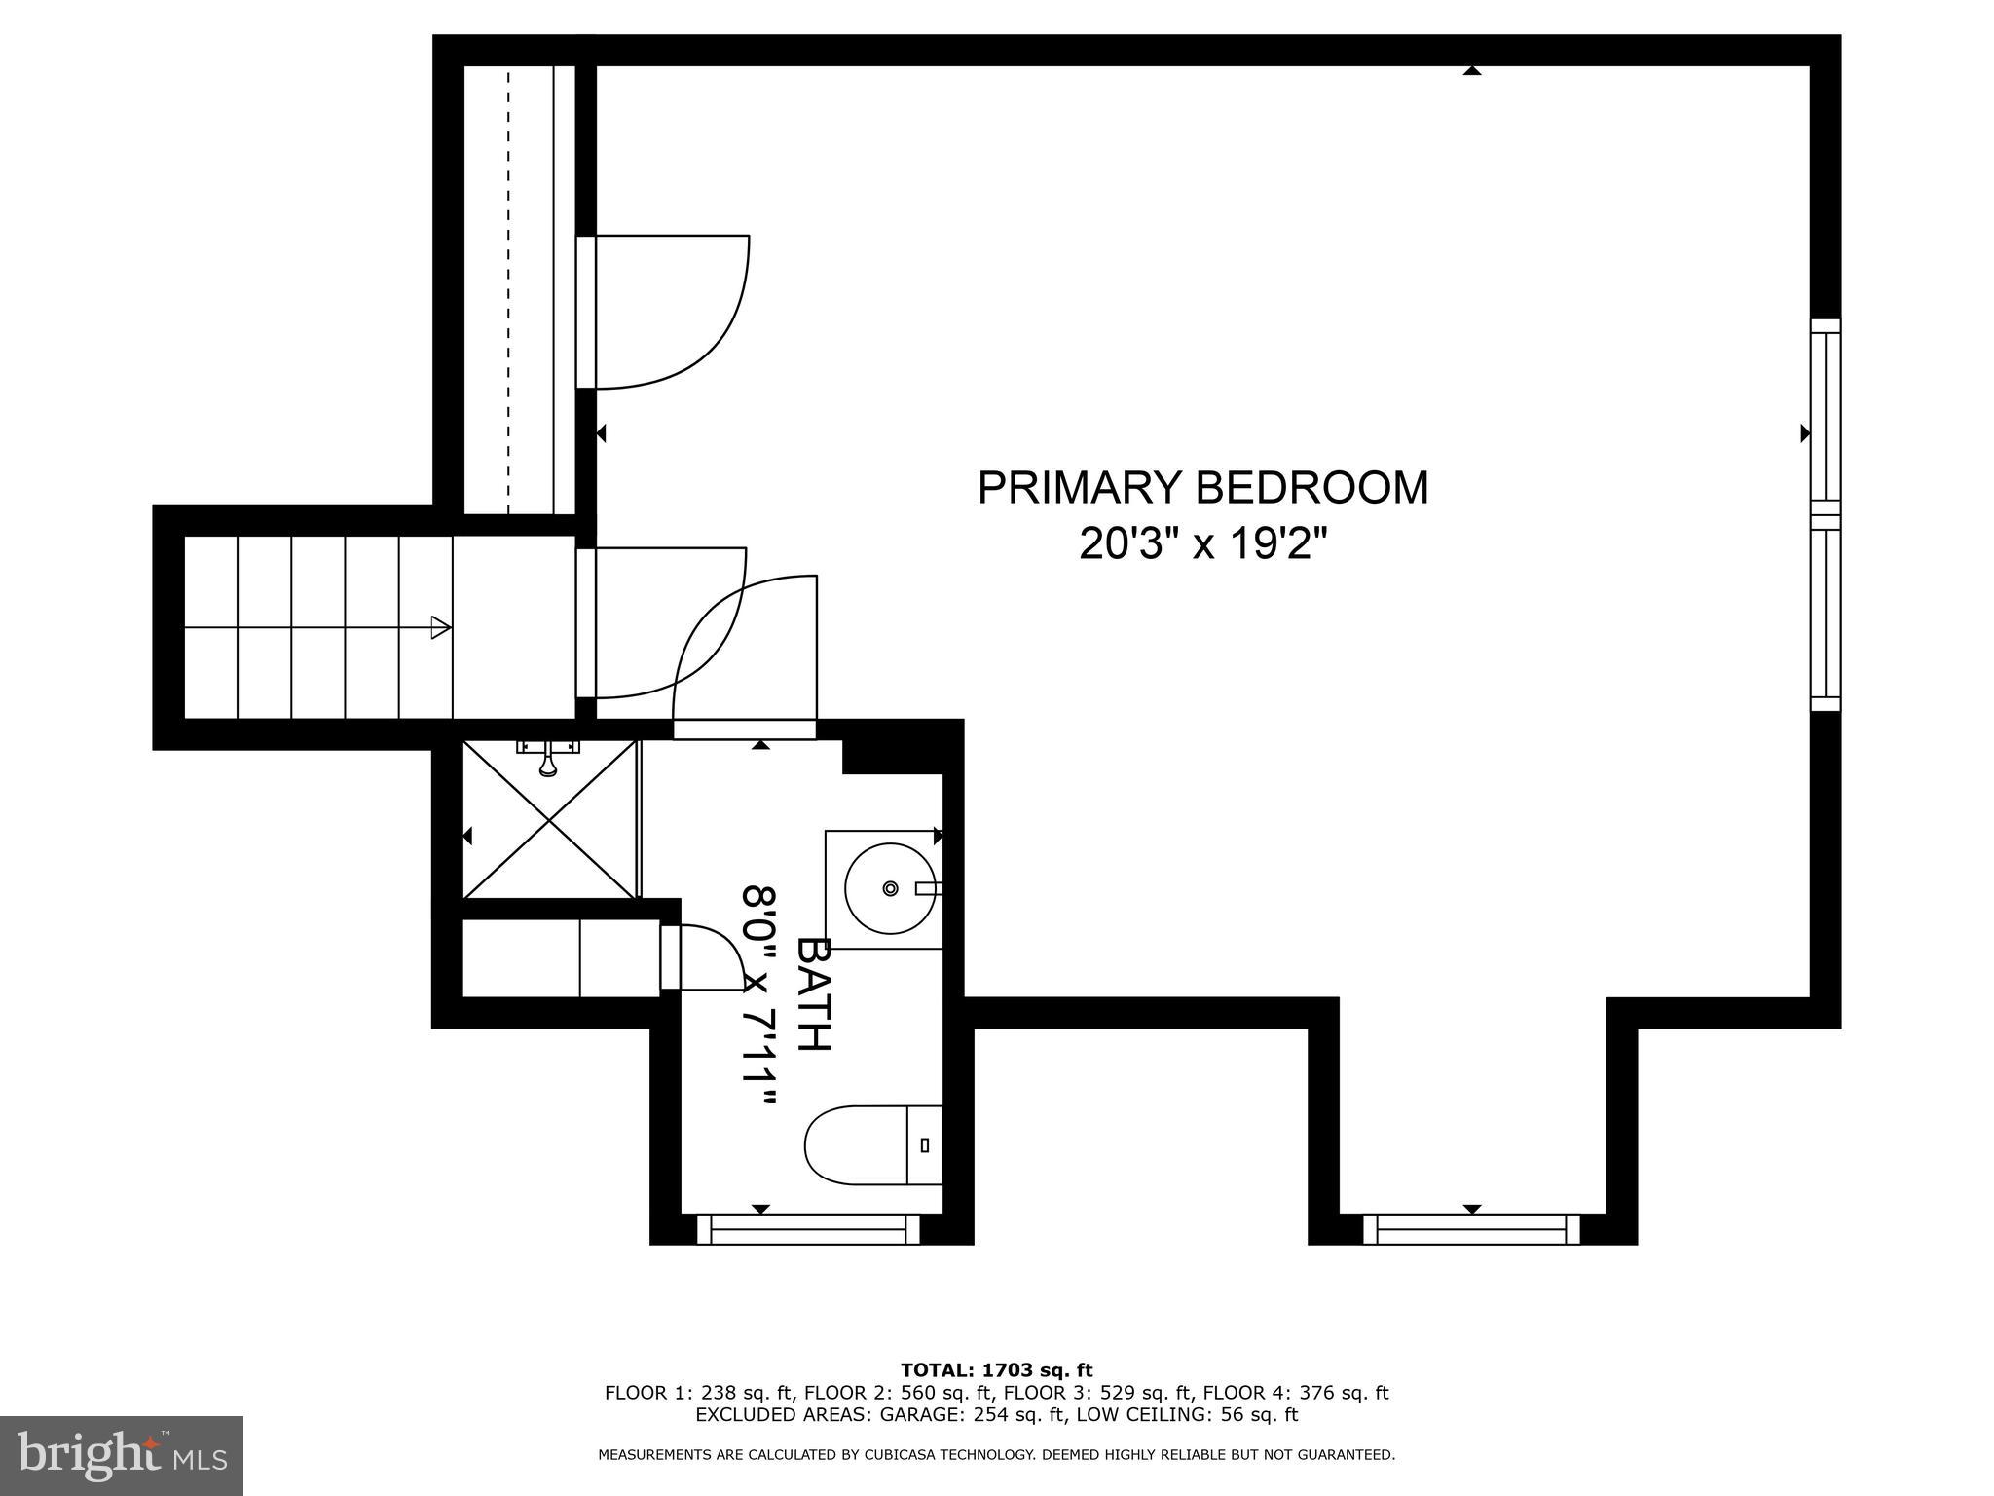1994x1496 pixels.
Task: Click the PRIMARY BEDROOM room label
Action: click(x=1202, y=488)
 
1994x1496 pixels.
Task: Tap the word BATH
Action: click(x=814, y=993)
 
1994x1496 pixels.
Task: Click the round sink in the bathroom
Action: click(x=890, y=889)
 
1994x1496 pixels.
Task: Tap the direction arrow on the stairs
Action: click(x=440, y=627)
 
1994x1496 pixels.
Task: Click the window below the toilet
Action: click(x=808, y=1229)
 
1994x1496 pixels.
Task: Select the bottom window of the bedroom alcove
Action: click(x=1471, y=1229)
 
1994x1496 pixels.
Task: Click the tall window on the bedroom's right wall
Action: click(x=1826, y=515)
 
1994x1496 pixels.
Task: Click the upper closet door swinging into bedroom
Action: click(x=672, y=312)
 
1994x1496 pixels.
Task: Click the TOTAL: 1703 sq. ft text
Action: click(x=996, y=1370)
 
